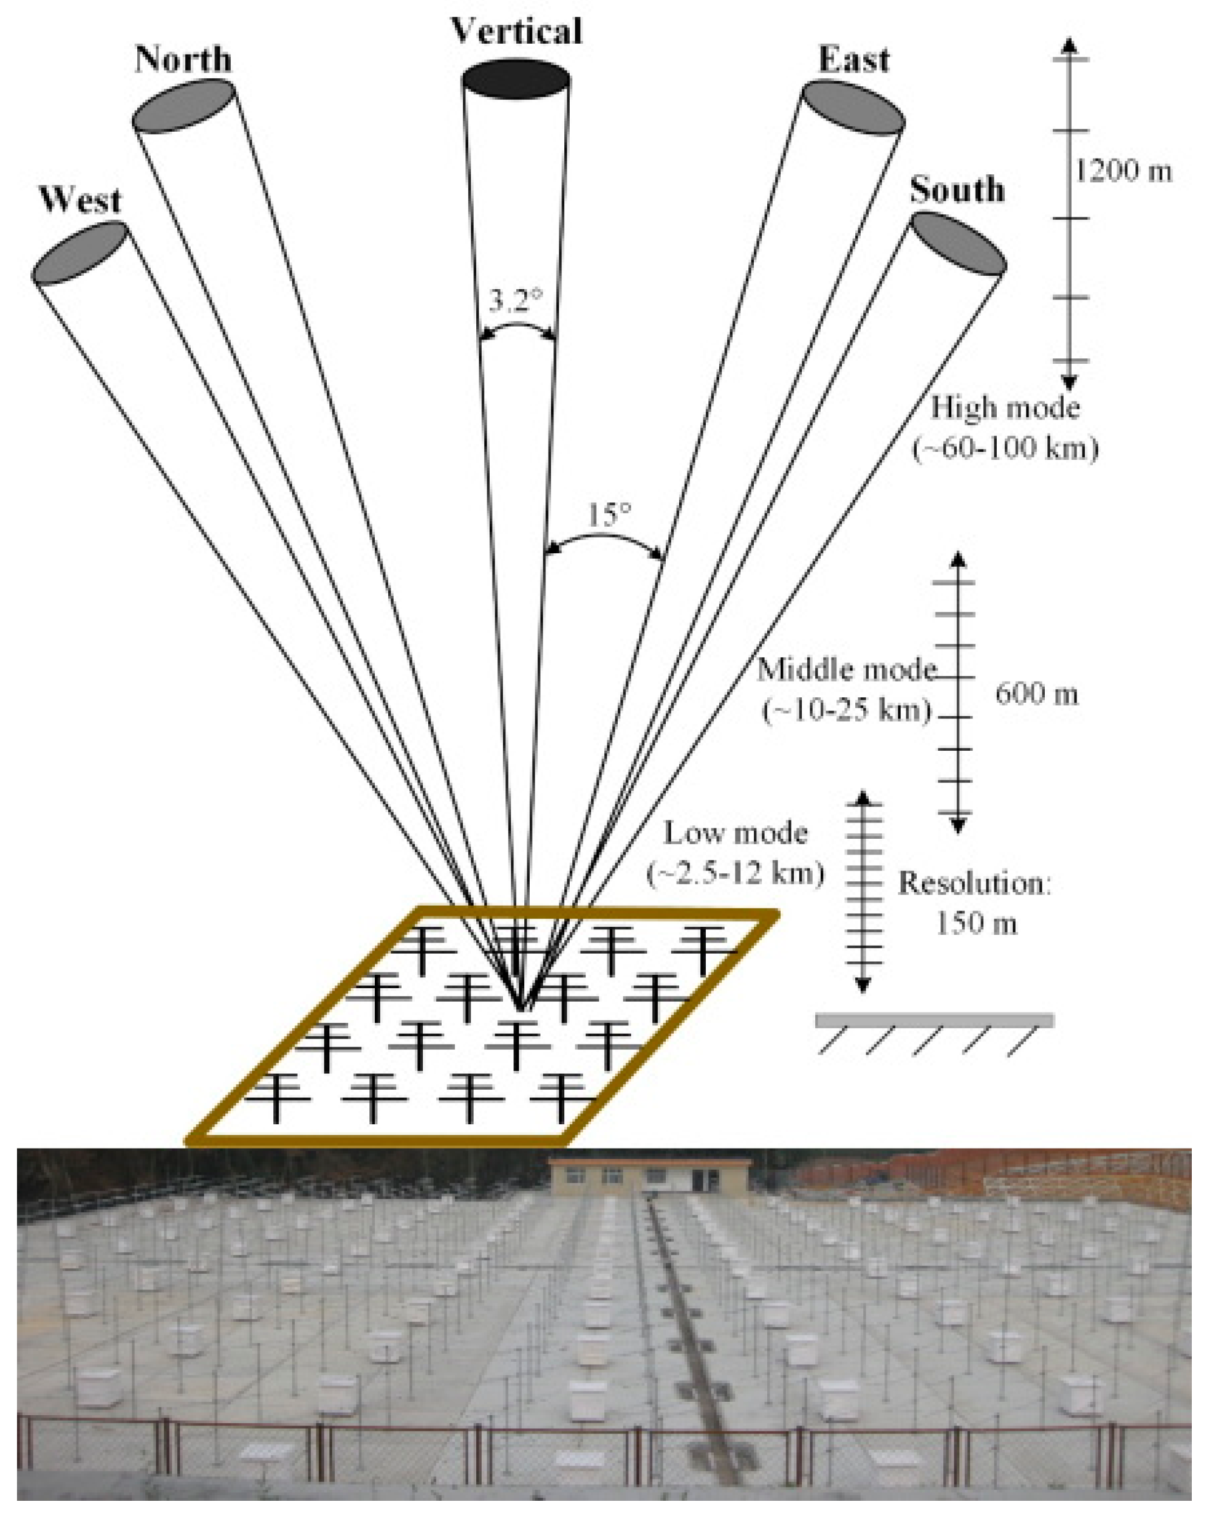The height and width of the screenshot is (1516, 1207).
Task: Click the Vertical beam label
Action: click(516, 32)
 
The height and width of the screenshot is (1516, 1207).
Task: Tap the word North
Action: click(183, 60)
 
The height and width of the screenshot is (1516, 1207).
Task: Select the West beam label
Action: click(80, 200)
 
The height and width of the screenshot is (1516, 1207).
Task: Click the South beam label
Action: click(957, 190)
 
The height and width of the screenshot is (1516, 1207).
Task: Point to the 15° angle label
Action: click(609, 516)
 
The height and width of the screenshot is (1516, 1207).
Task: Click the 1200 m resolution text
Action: click(1123, 171)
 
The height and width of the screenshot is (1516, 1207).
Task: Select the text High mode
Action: click(1005, 408)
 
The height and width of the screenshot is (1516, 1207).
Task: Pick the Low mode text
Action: click(736, 833)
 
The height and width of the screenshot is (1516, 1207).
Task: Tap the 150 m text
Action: click(976, 924)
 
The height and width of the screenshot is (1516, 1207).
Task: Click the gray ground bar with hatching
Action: click(934, 1020)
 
